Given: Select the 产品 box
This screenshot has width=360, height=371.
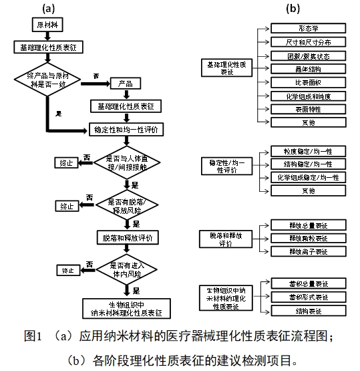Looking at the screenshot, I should pos(125,84).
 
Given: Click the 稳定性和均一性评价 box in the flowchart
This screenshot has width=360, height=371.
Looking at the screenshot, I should pos(125,129).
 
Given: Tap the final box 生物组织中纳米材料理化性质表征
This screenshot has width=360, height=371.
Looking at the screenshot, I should pos(125,307).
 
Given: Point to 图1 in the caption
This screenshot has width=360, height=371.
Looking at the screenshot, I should pos(33,335).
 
